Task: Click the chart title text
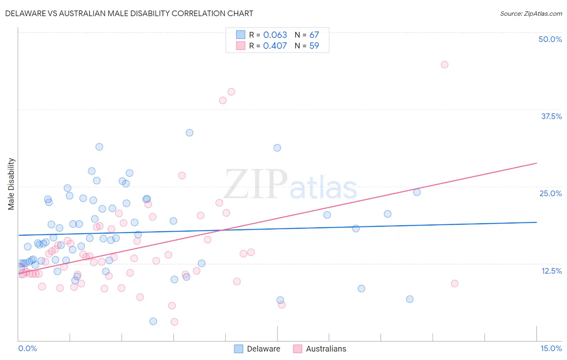[129, 13]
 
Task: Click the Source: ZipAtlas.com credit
[531, 13]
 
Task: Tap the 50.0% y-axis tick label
[550, 39]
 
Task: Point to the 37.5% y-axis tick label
[551, 116]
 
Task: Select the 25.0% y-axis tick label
[550, 193]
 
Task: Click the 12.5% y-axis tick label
[551, 271]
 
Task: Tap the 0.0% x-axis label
[27, 348]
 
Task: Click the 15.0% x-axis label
[551, 348]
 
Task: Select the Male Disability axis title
[11, 184]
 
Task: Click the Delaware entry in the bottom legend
[263, 349]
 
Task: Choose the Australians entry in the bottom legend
[326, 349]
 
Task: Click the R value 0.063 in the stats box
[275, 35]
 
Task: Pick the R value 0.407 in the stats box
[275, 46]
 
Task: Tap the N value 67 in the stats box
[314, 35]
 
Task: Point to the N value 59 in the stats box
[314, 46]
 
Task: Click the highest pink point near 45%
[444, 65]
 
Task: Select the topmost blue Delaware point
[190, 133]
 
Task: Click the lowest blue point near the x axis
[153, 321]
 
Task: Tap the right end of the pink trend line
[536, 163]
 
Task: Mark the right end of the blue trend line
[536, 222]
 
